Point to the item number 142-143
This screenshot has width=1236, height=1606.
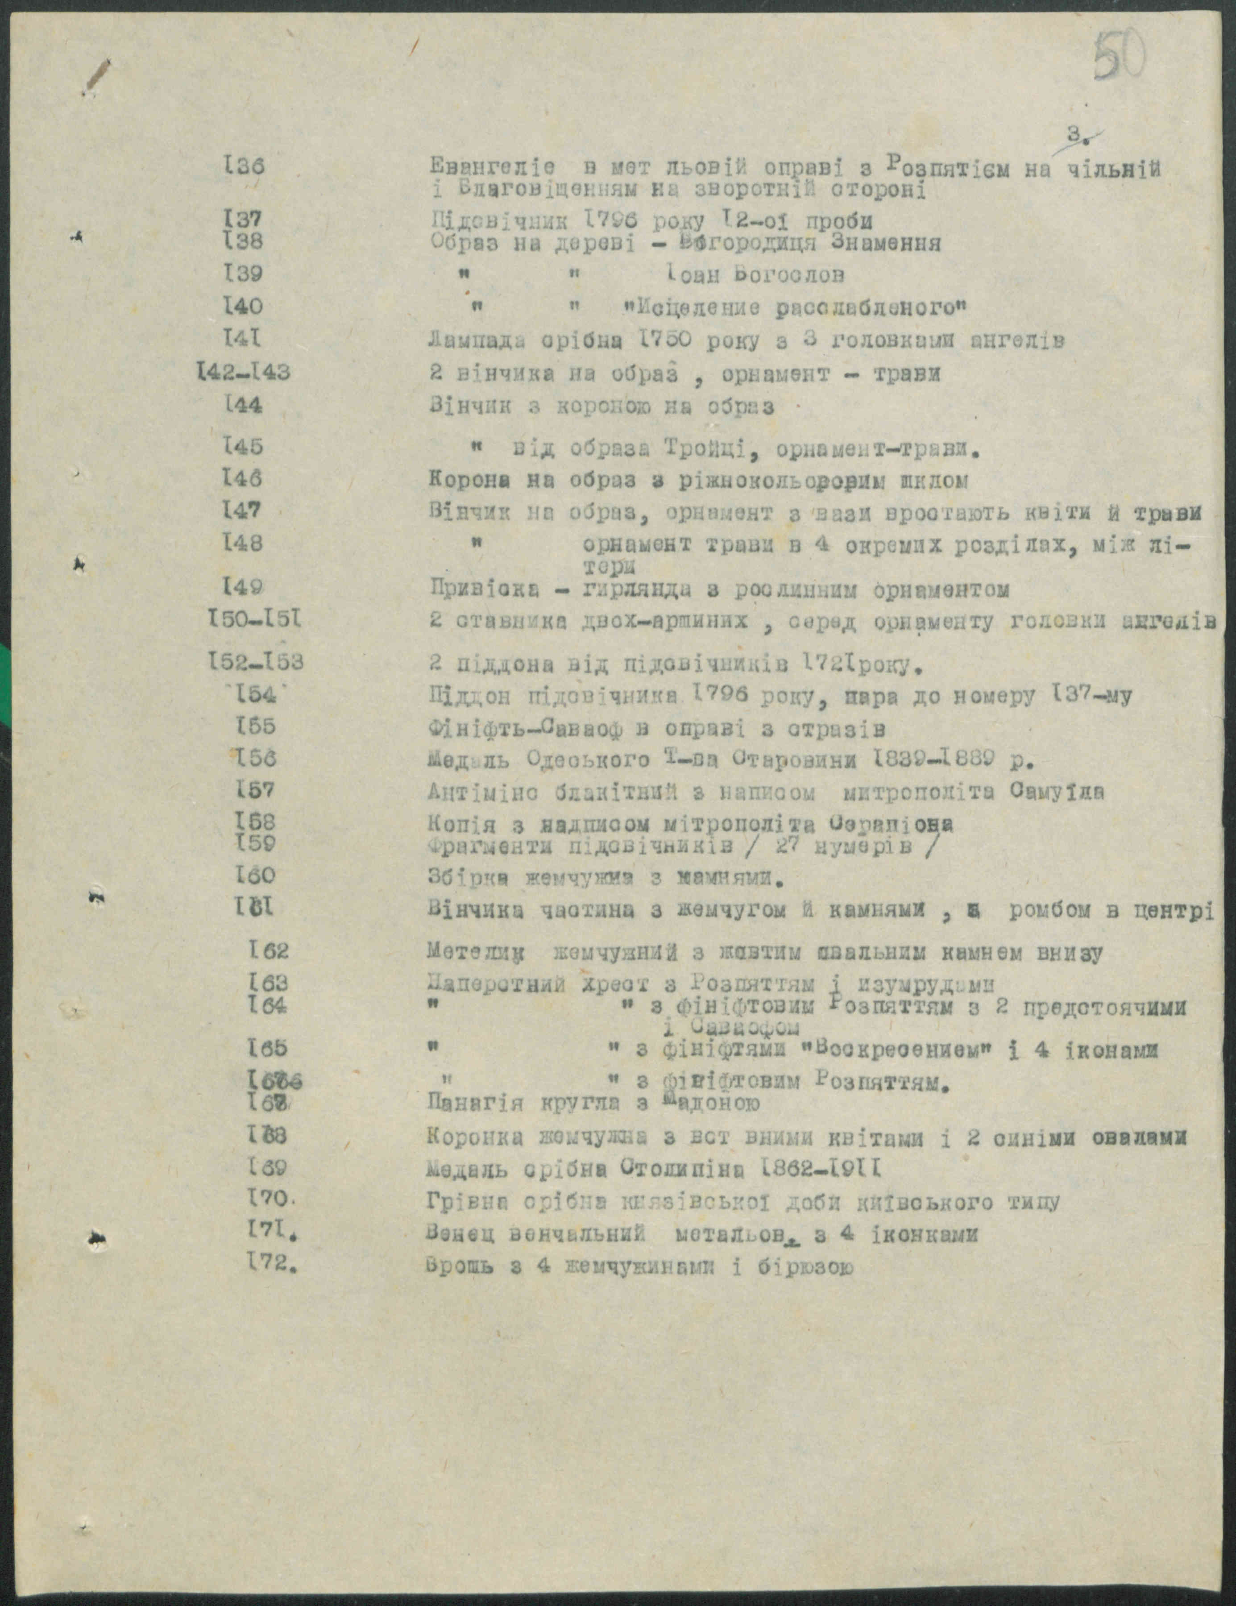[243, 372]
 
